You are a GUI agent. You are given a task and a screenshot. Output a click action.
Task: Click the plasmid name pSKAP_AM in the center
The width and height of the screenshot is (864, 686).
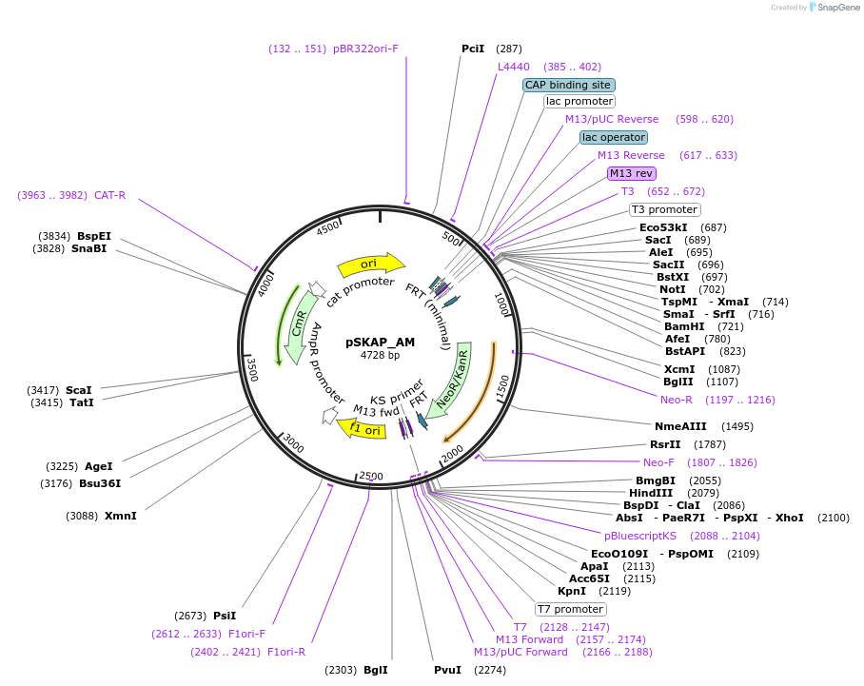[x=380, y=342]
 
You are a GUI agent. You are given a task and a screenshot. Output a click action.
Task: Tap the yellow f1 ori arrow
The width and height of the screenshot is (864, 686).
[x=363, y=428]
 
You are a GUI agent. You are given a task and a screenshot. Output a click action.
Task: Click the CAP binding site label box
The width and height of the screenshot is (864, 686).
[x=568, y=85]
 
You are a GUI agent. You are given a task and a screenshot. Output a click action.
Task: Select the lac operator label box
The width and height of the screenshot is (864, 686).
[x=614, y=137]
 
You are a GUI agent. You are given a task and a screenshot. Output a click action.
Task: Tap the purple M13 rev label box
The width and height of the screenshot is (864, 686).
[x=632, y=173]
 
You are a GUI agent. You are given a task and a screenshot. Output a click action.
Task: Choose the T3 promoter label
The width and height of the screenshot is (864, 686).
[x=665, y=209]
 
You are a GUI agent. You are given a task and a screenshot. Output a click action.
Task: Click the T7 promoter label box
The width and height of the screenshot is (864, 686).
[x=570, y=609]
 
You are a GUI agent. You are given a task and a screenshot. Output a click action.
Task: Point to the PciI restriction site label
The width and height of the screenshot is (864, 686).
[x=473, y=49]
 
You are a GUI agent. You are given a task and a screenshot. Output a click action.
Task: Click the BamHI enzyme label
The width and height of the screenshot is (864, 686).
[x=684, y=326]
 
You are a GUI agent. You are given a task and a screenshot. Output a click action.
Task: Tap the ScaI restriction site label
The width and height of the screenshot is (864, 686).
[x=79, y=390]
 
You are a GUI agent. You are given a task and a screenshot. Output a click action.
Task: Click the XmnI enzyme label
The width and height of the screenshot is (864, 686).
[x=121, y=516]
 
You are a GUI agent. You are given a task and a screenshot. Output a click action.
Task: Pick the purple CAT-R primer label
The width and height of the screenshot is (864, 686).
[x=109, y=195]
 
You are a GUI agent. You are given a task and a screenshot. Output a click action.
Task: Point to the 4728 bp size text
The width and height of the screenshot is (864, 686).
[x=380, y=356]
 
